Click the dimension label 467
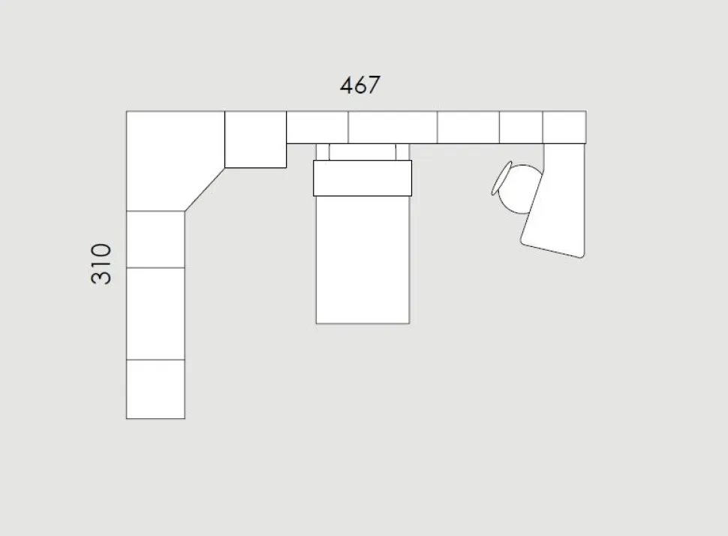coord(359,85)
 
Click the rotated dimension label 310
coord(101,263)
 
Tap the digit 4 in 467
coord(346,85)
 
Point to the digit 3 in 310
coord(101,277)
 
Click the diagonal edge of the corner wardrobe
coord(205,189)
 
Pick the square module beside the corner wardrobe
coord(255,140)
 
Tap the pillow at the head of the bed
coord(362,178)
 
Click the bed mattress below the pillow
coord(362,259)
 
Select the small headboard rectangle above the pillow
coord(362,152)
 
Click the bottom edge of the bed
coord(362,324)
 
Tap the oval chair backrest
coord(501,179)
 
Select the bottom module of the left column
coord(155,389)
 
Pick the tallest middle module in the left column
coord(155,314)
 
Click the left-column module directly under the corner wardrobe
coord(155,239)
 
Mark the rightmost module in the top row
coord(564,128)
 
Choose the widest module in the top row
coord(393,128)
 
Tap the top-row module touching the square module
coord(317,128)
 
